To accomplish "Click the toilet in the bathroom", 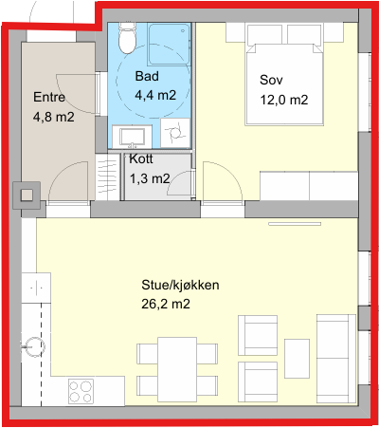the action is coord(127,38).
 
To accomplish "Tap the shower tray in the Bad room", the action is coord(170,44).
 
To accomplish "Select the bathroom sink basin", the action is coord(133,137).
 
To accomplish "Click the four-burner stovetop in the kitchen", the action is coord(81,391).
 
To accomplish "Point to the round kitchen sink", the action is coord(33,347).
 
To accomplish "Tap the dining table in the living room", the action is coord(177,369).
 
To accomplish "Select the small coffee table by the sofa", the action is coord(297,359).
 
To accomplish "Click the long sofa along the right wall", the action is coord(336,359).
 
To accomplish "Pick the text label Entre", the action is coord(49,97).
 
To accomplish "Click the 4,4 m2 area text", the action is coord(155,95).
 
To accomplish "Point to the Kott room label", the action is coord(141,158).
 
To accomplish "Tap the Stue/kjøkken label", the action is coord(180,285).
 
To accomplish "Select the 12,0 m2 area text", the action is coord(284,100).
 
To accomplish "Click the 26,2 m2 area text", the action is coord(166,304).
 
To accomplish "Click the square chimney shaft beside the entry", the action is coord(27,195).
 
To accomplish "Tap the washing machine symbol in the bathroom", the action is coord(175,133).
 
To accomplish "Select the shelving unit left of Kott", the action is coord(108,177).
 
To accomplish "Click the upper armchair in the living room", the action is coord(258,335).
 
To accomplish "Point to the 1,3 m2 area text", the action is coord(150,178).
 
